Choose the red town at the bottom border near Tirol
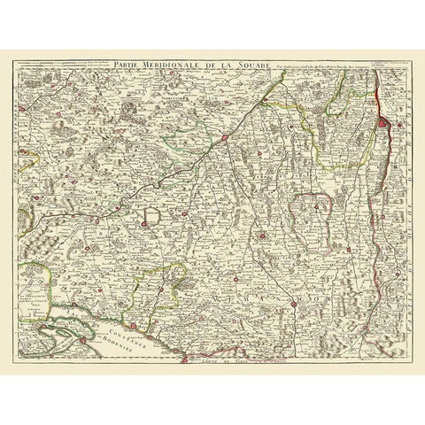point(185,358)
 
